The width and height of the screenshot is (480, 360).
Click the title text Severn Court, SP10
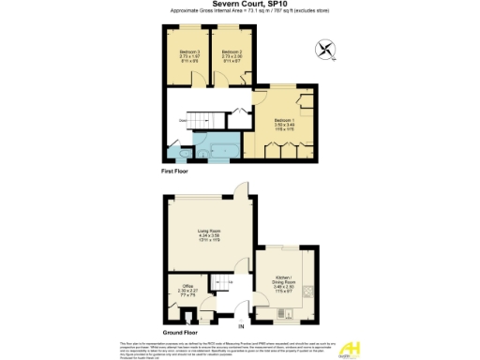(x=239, y=5)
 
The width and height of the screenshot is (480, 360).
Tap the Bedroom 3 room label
(x=183, y=55)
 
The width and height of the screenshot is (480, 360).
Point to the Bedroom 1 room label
(x=284, y=124)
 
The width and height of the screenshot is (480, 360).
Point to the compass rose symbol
(x=325, y=47)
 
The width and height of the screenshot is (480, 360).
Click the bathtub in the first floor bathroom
(x=225, y=149)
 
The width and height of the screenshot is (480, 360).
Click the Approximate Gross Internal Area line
(x=239, y=12)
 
